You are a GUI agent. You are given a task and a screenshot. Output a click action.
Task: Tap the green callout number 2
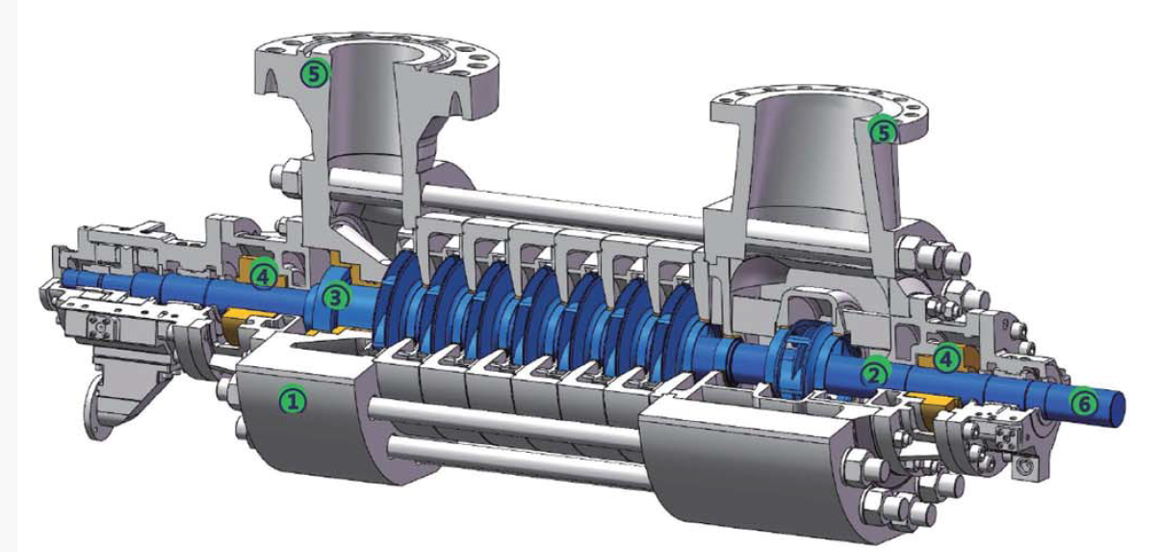[x=874, y=374]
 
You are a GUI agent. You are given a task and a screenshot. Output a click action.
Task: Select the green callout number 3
[x=337, y=298]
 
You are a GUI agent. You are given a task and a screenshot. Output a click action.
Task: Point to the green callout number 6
[x=1084, y=404]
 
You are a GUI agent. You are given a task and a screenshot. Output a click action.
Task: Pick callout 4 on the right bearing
[x=946, y=358]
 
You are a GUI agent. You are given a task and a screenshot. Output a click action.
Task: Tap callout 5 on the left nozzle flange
[x=315, y=74]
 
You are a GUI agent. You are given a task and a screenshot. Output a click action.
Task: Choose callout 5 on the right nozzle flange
[x=884, y=132]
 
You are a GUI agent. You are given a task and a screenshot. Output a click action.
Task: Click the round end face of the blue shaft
[x=1117, y=409]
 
